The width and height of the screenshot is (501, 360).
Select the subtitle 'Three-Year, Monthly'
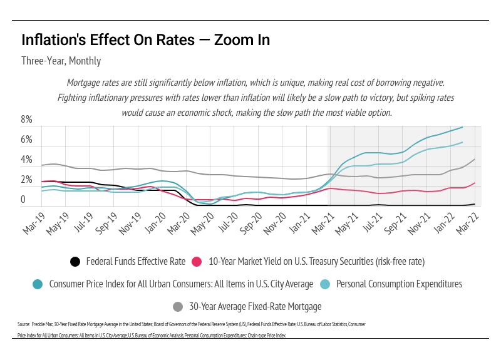coord(61,61)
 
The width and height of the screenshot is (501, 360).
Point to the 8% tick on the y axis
coord(27,120)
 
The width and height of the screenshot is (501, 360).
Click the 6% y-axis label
coord(27,140)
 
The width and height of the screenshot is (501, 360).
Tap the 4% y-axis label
coord(27,160)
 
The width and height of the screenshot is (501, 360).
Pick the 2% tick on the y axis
coord(27,180)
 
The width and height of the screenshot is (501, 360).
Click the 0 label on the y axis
coord(23,200)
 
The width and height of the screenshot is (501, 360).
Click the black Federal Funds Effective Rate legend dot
coord(75,262)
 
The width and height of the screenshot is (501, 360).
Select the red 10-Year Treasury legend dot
coord(197,262)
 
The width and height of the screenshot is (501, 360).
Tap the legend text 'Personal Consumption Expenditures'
coord(399,284)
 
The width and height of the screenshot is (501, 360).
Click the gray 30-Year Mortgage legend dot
coord(178,306)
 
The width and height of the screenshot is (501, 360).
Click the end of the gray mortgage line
coord(474,159)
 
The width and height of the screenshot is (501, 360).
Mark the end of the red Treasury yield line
coord(474,183)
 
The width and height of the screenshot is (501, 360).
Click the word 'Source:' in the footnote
coord(24,324)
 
